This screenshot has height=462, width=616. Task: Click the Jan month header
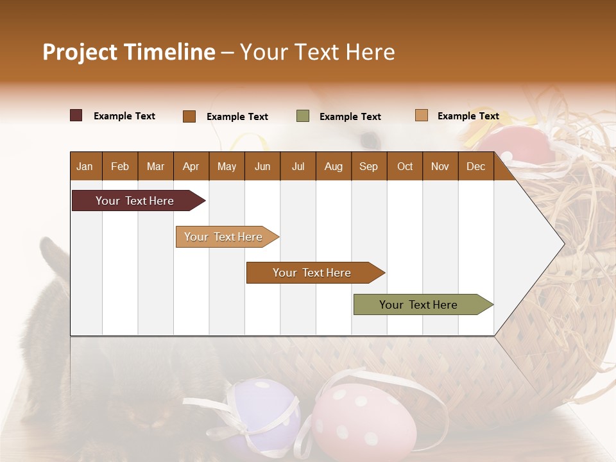(x=85, y=166)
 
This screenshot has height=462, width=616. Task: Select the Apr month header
(x=191, y=166)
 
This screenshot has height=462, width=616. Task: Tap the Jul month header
(x=298, y=166)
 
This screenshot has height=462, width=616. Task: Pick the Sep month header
(x=368, y=166)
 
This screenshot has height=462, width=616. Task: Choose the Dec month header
(x=475, y=166)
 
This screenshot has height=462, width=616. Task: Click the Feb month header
(x=120, y=166)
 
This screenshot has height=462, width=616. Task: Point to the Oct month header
(x=405, y=166)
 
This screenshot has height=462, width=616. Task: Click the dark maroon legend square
(x=76, y=116)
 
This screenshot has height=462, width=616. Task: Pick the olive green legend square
(x=303, y=116)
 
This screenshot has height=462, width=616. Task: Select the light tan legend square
(x=422, y=116)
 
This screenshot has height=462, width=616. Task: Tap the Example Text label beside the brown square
(x=237, y=117)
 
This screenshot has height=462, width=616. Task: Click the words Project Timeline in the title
(x=129, y=52)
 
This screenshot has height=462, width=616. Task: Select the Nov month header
(x=440, y=166)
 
